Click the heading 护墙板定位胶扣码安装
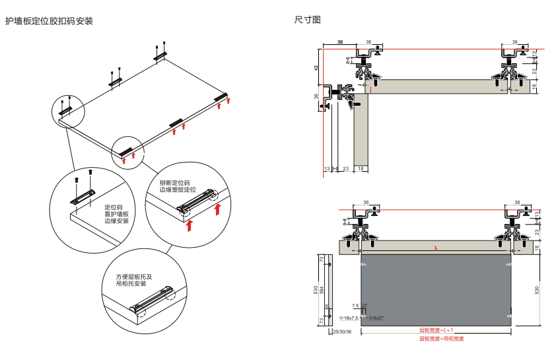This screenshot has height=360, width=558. pyautogui.click(x=50, y=21)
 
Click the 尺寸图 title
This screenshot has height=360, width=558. pyautogui.click(x=307, y=20)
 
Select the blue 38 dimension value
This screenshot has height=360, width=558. pyautogui.click(x=340, y=42)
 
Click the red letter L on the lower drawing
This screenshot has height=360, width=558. pyautogui.click(x=436, y=248)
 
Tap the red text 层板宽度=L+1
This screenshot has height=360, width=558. pyautogui.click(x=436, y=330)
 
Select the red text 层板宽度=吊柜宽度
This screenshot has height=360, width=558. pyautogui.click(x=441, y=339)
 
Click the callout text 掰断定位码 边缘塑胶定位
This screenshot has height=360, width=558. pyautogui.click(x=178, y=186)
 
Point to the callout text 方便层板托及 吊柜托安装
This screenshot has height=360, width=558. pyautogui.click(x=134, y=280)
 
